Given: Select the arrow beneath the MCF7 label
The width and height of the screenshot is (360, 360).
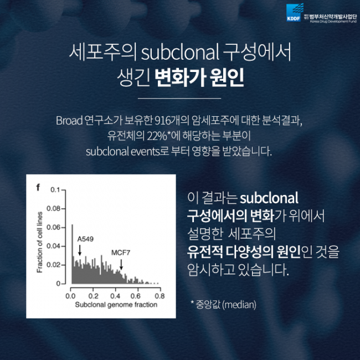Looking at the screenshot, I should [x=122, y=264].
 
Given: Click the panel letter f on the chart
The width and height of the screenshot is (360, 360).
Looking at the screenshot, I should [x=38, y=187].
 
